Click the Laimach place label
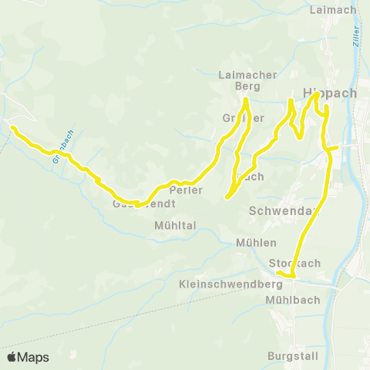click(x=331, y=10)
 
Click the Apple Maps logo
click(x=28, y=357)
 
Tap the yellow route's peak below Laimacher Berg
click(x=246, y=100)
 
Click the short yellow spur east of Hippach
click(x=333, y=147)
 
